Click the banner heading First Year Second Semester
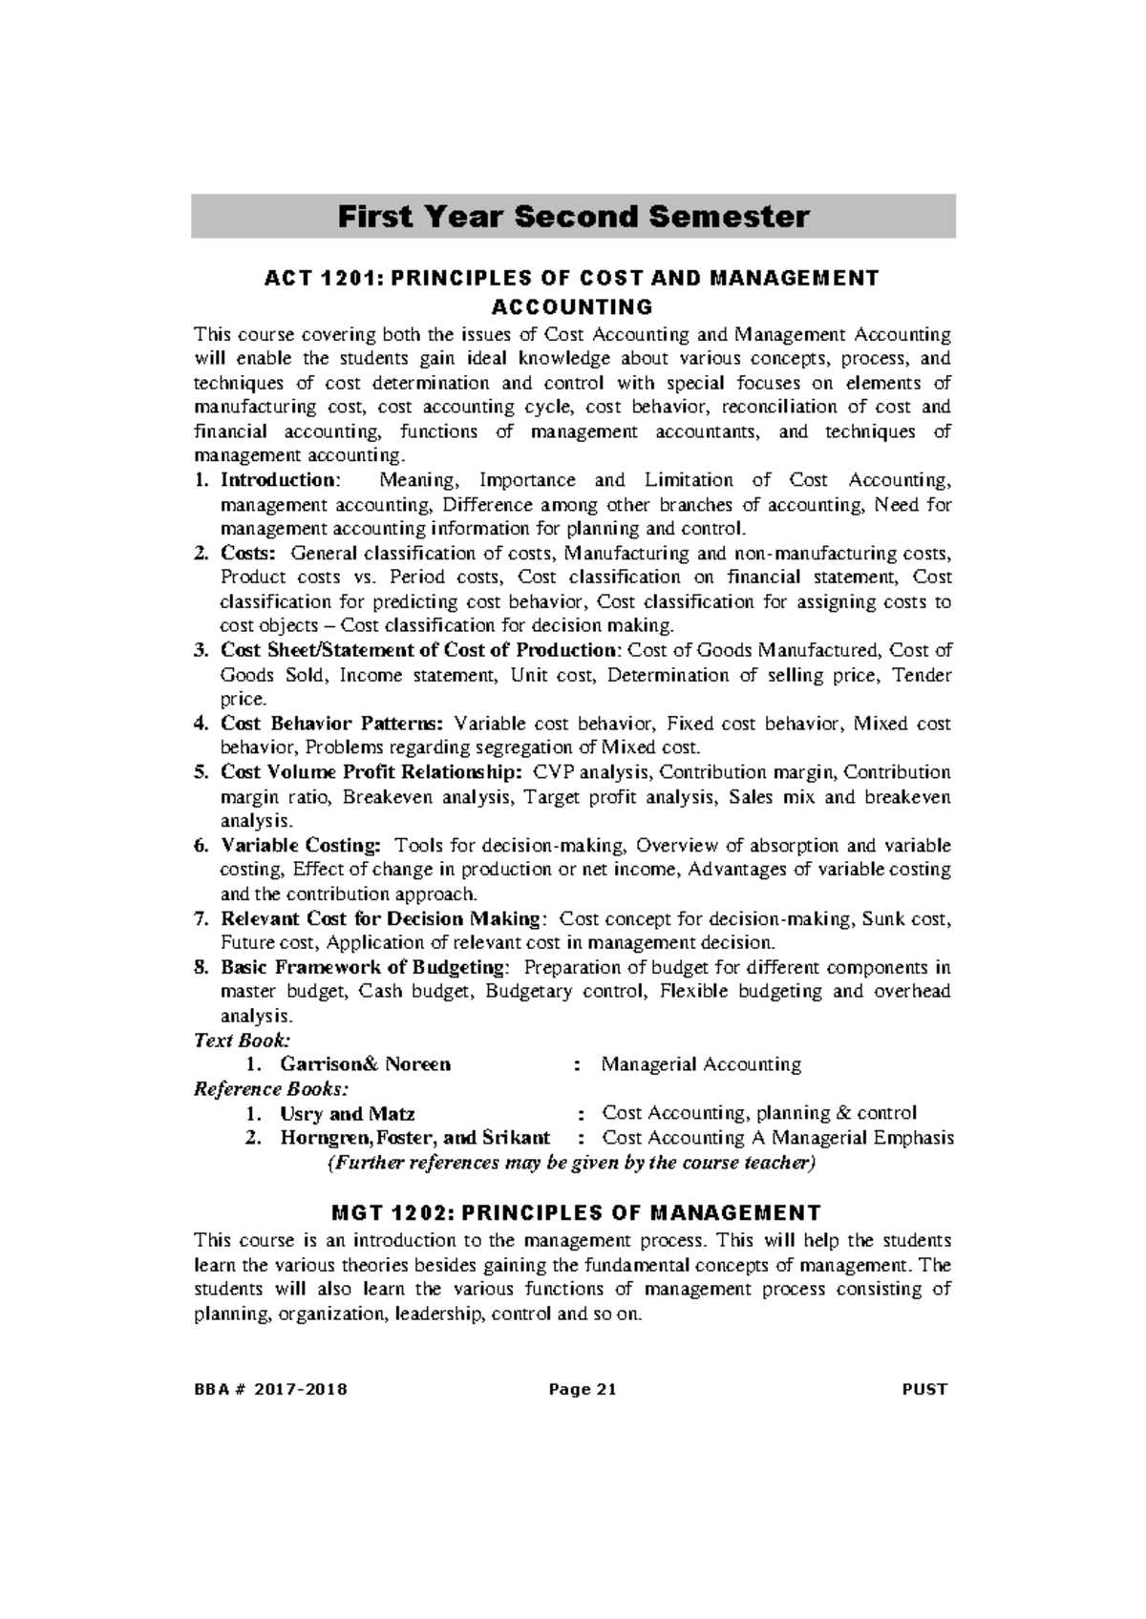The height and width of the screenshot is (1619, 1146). (573, 217)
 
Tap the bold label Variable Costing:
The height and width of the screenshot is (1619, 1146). (301, 846)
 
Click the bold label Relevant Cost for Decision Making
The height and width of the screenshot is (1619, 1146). (380, 919)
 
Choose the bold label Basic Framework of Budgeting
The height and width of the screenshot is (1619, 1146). (364, 967)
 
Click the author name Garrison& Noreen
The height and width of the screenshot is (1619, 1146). (365, 1064)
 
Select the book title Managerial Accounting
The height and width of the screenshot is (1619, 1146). (701, 1064)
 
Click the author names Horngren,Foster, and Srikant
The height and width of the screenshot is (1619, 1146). (414, 1138)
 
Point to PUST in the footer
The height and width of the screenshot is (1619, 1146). (923, 1389)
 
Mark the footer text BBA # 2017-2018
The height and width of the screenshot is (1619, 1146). (271, 1389)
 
